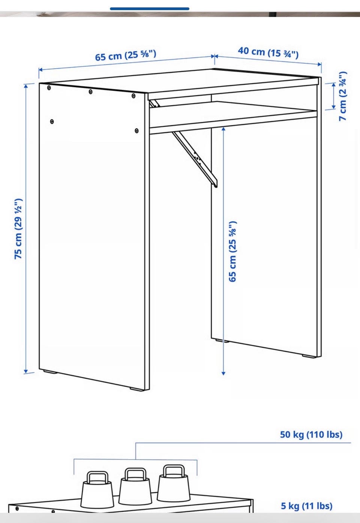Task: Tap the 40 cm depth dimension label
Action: (268, 53)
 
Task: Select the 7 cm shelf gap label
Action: (343, 96)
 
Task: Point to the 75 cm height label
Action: (18, 229)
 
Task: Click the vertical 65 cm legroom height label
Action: (232, 251)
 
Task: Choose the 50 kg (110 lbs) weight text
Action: (311, 434)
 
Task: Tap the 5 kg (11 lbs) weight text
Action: (307, 506)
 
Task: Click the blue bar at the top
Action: (150, 9)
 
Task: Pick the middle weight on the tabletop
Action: (135, 485)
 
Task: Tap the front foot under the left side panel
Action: (137, 389)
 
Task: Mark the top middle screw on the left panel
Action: (90, 92)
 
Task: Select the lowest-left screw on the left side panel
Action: (52, 122)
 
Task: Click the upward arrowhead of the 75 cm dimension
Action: (26, 86)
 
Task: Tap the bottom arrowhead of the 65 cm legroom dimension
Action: (223, 373)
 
